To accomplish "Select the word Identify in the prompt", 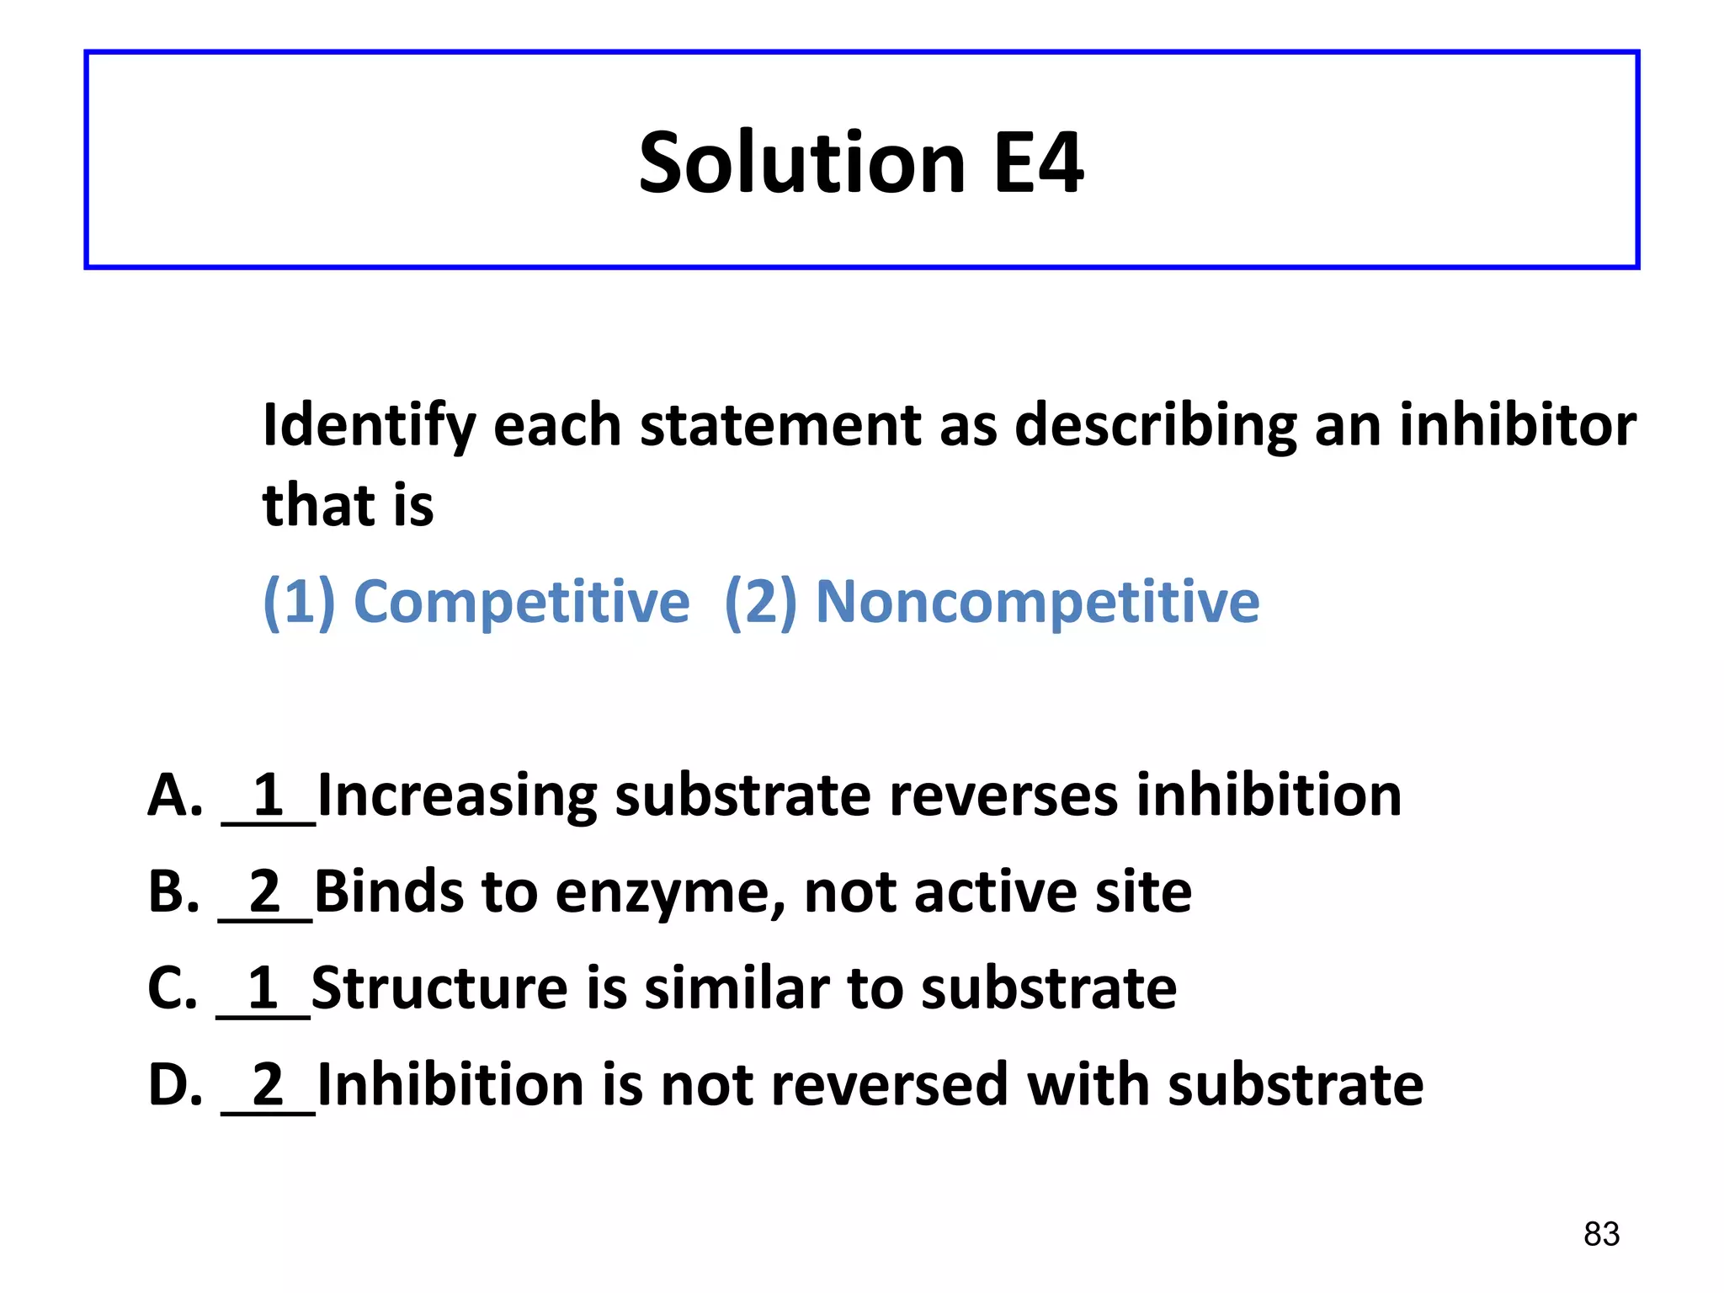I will pyautogui.click(x=370, y=426).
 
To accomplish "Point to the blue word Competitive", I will pyautogui.click(x=521, y=602).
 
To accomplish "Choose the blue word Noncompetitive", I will pyautogui.click(x=1038, y=602).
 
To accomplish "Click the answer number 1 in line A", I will pyautogui.click(x=269, y=794).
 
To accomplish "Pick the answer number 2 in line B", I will pyautogui.click(x=265, y=891).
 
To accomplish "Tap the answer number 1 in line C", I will pyautogui.click(x=263, y=987).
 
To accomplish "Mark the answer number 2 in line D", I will pyautogui.click(x=269, y=1084).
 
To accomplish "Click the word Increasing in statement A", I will pyautogui.click(x=457, y=795).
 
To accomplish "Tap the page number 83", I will pyautogui.click(x=1601, y=1234).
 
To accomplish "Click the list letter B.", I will pyautogui.click(x=173, y=891).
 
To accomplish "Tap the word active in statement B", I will pyautogui.click(x=995, y=891).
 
